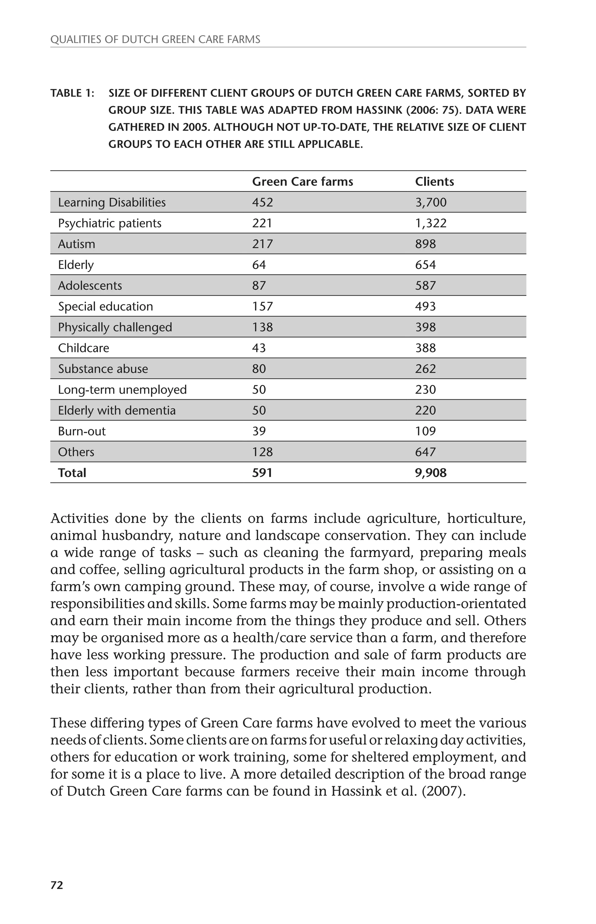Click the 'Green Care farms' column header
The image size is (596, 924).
(302, 182)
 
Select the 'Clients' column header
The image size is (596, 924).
(434, 182)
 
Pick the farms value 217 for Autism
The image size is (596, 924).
(262, 244)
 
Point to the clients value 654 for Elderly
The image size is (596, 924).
(425, 265)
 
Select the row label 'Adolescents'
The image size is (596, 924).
(90, 286)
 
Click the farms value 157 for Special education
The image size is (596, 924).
(262, 306)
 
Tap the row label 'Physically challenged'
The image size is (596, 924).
(115, 327)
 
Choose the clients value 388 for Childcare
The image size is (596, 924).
(425, 348)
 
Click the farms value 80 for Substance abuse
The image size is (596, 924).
(259, 369)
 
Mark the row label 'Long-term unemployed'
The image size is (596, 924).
(122, 390)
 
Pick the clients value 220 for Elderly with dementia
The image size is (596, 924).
(425, 411)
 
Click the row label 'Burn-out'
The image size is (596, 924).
(82, 431)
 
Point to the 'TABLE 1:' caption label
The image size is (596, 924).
(72, 93)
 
